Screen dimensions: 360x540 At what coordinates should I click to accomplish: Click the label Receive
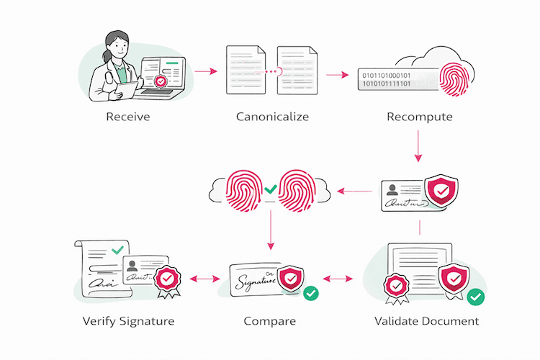tap(127, 117)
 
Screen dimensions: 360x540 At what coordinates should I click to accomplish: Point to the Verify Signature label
tap(128, 320)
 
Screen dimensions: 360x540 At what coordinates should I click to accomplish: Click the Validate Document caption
tap(426, 320)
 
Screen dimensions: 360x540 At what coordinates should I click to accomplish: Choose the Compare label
tap(269, 320)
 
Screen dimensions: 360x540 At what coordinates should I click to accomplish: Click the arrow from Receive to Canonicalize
tap(206, 72)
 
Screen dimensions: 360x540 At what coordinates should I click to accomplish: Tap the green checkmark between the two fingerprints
tap(269, 191)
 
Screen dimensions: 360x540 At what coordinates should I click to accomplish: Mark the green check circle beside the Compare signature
tap(310, 293)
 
